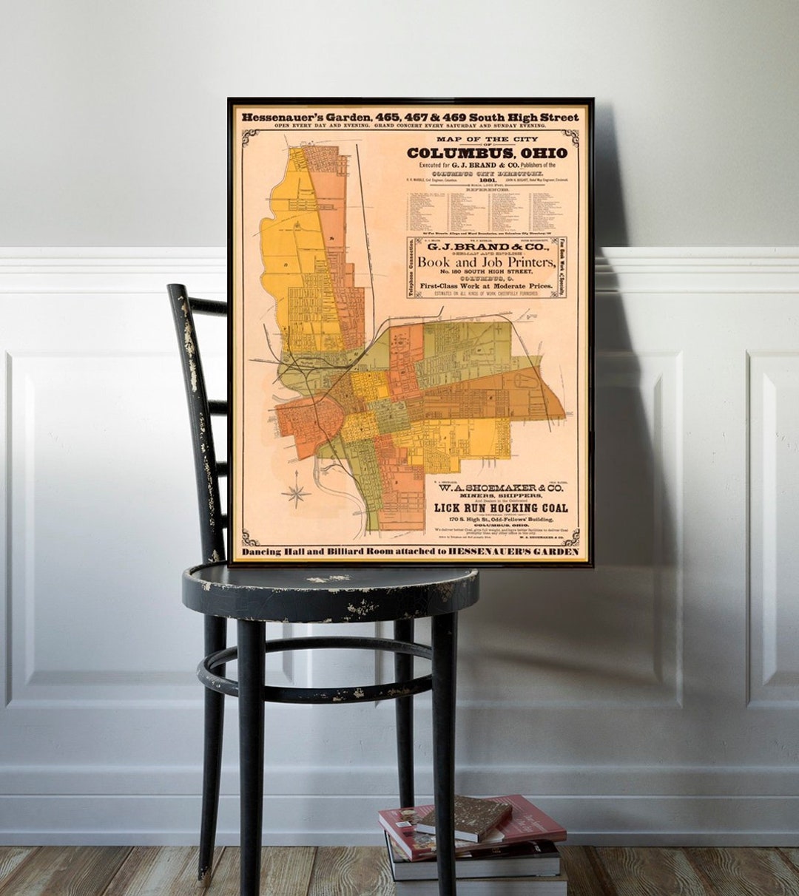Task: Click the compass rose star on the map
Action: pos(296,493)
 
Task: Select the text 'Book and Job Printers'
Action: pos(486,262)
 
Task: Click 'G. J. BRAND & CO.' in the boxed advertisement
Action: pos(486,246)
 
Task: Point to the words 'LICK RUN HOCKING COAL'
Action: pos(501,508)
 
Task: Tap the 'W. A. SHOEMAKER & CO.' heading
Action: pos(501,488)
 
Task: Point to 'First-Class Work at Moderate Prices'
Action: pos(486,285)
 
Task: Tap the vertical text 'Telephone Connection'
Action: pos(411,268)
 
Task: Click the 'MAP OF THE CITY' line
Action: pos(487,139)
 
